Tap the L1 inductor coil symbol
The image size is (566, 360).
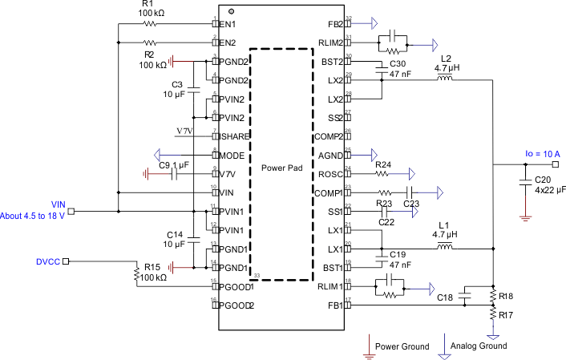443,248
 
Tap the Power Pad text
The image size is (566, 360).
279,169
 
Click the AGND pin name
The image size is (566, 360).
329,154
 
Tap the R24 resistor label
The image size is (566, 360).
383,164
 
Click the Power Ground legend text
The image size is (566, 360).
402,346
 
